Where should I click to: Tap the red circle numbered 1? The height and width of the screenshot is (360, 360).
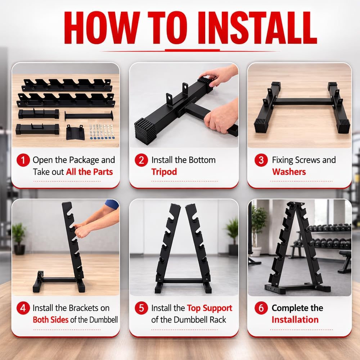point(23,160)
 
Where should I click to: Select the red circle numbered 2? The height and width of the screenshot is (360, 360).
point(141,160)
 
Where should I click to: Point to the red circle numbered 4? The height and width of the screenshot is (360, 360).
point(23,308)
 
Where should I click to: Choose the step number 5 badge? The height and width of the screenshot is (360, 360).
point(141,308)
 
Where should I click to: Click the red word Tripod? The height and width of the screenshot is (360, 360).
point(164,172)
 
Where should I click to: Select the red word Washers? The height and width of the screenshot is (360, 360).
point(289,172)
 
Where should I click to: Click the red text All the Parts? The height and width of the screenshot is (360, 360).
point(89,172)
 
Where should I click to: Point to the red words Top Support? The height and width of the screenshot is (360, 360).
point(210,308)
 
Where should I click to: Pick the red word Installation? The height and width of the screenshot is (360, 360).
point(295,320)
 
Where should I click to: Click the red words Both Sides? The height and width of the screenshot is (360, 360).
point(50,320)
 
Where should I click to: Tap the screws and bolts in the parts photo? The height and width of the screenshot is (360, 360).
point(100,132)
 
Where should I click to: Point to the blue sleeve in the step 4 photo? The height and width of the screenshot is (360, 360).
point(112,205)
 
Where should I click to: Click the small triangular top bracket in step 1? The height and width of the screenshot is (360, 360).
point(75,132)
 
